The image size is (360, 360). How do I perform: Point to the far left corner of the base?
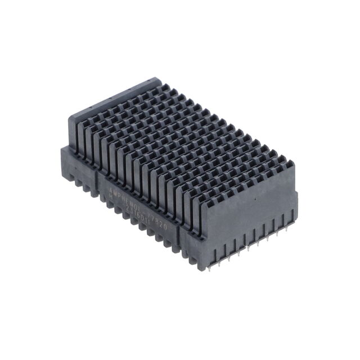tap(61, 147)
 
